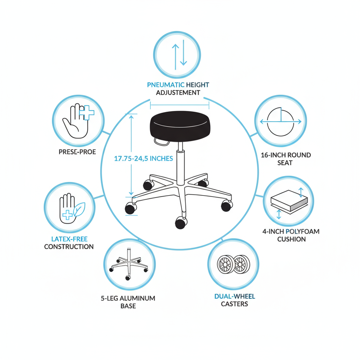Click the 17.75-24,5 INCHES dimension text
[144, 158]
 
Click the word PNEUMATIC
[166, 85]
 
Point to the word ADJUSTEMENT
[178, 93]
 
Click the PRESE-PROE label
[77, 152]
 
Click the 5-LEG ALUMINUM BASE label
[128, 302]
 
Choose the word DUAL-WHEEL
[235, 297]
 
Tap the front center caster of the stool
[180, 224]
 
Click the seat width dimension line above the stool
[179, 105]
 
